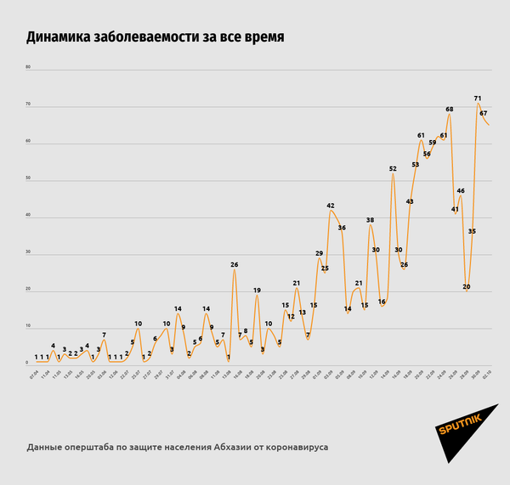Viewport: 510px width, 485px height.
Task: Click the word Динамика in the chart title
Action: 65,37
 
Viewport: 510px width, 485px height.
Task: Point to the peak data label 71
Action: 478,99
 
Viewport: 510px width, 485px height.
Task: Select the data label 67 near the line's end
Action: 483,113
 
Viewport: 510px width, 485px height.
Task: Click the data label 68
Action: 449,110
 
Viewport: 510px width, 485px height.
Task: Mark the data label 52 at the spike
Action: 393,169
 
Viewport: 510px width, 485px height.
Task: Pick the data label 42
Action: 331,206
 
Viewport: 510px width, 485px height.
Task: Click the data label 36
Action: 342,228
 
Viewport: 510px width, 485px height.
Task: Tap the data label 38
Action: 370,220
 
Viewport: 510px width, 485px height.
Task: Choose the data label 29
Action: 319,253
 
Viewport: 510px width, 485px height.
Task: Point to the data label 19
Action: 257,290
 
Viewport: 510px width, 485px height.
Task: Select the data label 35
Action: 472,231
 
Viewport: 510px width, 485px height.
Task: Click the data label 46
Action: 461,191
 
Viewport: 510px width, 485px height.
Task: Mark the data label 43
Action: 409,201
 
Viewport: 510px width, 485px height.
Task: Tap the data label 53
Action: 415,165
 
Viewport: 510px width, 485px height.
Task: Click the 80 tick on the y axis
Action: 27,67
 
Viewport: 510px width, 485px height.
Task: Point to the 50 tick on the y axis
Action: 27,179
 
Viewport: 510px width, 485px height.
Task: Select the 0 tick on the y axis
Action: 27,364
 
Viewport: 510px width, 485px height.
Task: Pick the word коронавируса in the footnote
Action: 293,446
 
